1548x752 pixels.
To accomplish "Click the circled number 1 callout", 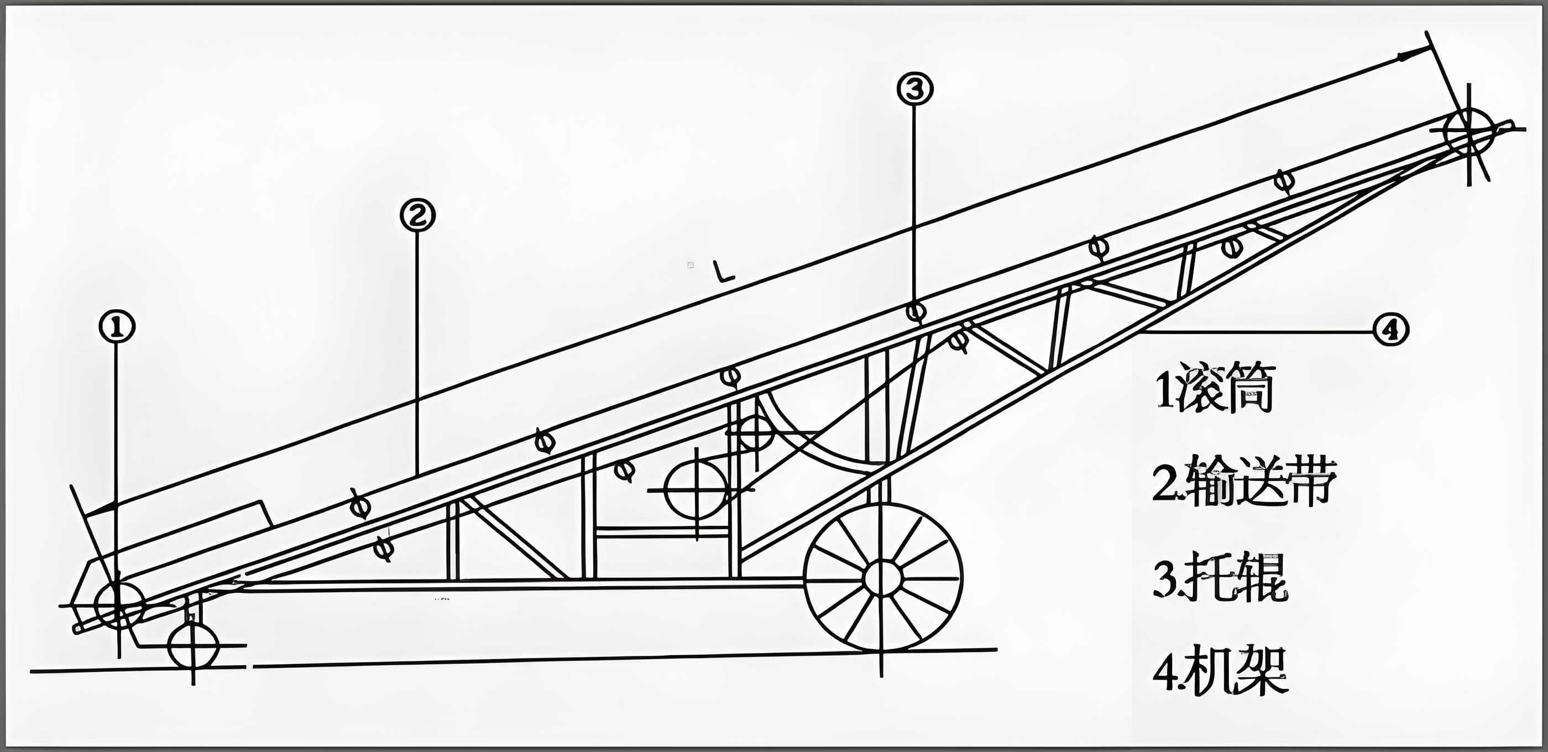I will [x=117, y=326].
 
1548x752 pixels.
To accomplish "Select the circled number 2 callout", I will [x=417, y=215].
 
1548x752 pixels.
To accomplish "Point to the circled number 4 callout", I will [x=1391, y=330].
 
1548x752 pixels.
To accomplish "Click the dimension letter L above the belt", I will [x=723, y=271].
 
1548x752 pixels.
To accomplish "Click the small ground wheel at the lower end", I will [x=193, y=646].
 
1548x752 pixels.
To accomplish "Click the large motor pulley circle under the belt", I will [x=697, y=489].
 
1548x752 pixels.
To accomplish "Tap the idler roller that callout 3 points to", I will [x=915, y=311].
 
